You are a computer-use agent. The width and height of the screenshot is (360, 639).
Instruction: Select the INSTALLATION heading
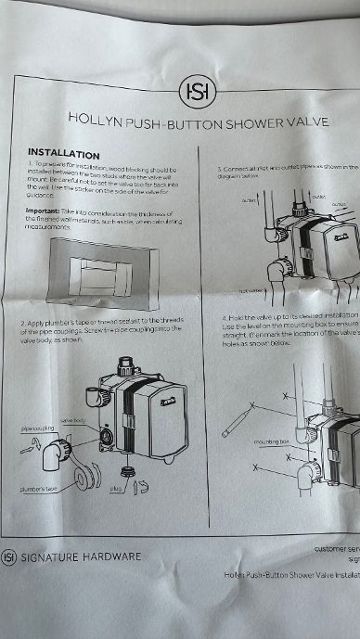64,153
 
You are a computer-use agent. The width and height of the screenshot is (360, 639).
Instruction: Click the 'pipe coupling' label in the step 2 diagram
38,429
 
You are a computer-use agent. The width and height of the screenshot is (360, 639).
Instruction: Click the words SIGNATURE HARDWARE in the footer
82,556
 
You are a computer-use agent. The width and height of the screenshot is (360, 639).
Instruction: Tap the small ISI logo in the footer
9,556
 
